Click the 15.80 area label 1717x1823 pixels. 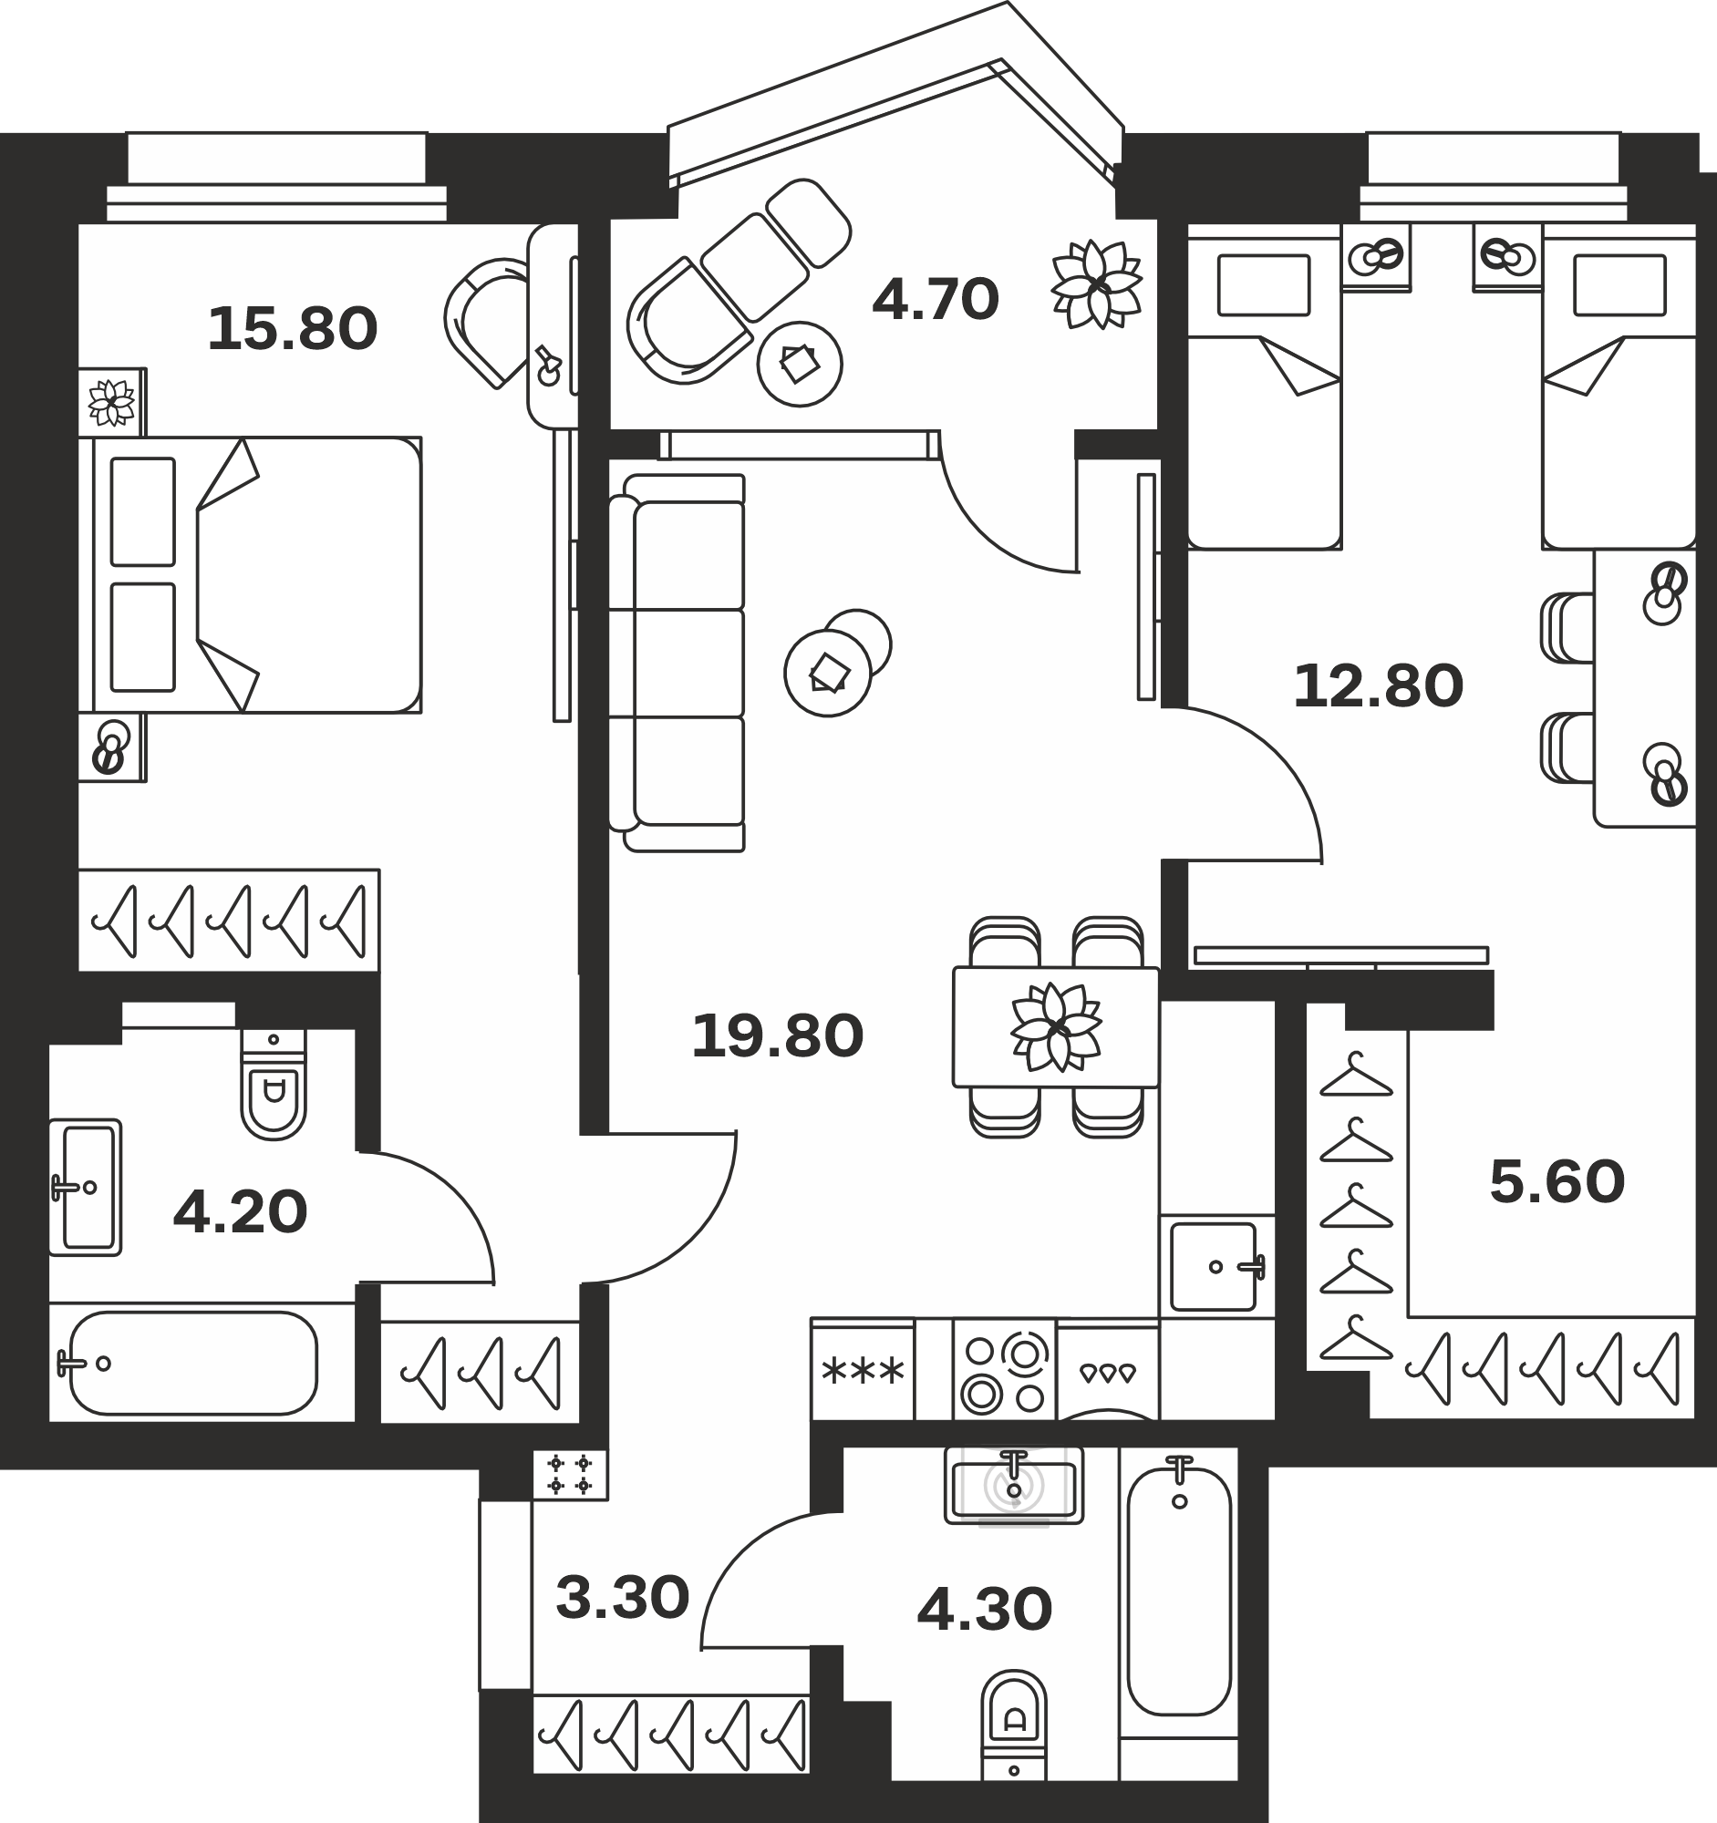pos(293,329)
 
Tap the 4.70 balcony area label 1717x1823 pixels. pos(935,299)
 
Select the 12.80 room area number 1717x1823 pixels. pos(1378,686)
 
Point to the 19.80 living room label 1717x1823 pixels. pos(777,1036)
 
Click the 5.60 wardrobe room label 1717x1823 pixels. pos(1557,1182)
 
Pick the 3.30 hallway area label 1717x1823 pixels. pos(622,1598)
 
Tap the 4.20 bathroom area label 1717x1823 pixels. pos(240,1212)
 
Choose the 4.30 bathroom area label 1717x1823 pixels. pos(984,1611)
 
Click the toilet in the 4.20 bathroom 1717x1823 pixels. pos(274,1084)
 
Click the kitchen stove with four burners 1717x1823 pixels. pos(1004,1370)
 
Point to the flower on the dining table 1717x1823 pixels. pos(1056,1026)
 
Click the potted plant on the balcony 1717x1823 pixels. pos(1097,283)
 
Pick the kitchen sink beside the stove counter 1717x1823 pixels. pos(1215,1266)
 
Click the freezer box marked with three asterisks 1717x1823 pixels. pos(863,1370)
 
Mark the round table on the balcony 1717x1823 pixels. pos(800,363)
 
